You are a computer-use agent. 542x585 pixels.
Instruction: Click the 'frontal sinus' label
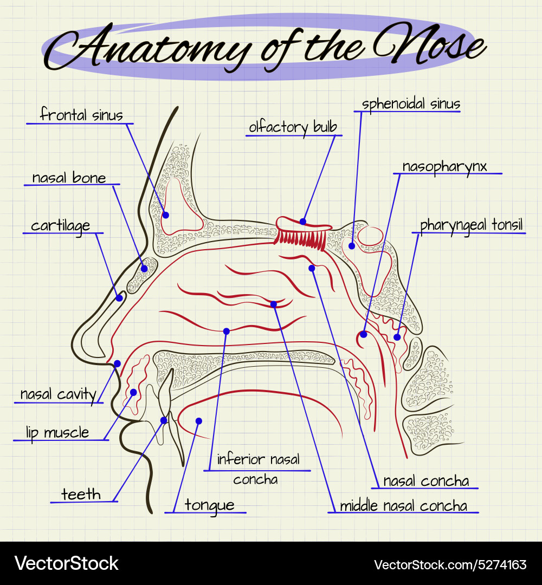82,115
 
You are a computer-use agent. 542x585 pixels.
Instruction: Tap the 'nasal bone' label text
69,178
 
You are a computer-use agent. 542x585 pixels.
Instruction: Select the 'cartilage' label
60,225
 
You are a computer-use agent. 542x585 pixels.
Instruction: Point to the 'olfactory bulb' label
293,127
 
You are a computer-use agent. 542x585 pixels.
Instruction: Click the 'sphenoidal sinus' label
411,104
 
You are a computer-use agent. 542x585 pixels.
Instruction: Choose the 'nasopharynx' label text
444,166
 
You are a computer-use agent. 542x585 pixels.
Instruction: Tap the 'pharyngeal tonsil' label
472,225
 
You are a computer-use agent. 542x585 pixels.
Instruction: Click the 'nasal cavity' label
58,394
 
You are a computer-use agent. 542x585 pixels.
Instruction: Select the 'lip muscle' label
57,432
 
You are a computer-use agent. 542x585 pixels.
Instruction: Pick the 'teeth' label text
81,494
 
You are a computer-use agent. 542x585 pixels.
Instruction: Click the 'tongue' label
210,505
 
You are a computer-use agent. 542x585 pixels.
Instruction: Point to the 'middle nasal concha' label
403,506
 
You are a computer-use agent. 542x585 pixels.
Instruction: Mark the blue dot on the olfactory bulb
303,222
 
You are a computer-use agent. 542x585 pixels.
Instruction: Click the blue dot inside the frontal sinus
166,215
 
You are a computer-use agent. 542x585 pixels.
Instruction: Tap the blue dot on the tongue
198,421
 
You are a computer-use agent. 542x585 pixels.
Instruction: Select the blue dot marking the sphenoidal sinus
352,246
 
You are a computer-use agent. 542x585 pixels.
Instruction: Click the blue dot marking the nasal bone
145,268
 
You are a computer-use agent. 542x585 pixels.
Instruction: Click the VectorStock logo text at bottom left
66,563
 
